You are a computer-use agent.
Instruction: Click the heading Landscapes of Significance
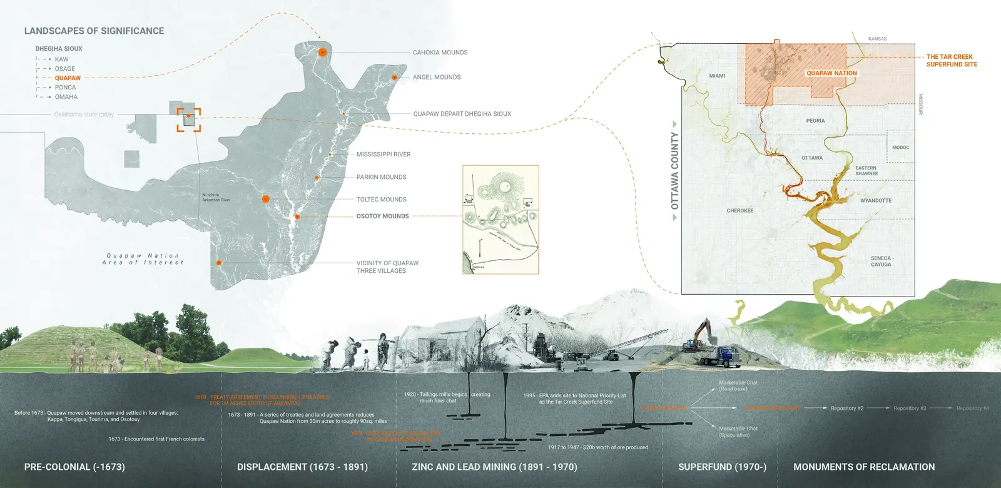point(94,31)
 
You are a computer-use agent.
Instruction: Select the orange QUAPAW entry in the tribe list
point(68,78)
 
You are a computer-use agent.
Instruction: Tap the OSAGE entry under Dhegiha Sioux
point(64,69)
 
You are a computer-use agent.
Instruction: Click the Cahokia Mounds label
point(440,53)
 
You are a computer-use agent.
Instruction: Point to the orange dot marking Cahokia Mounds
point(322,53)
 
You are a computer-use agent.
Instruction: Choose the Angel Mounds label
point(436,77)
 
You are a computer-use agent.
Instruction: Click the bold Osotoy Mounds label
point(382,216)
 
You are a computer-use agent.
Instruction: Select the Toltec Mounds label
point(381,200)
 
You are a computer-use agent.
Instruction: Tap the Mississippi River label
point(384,154)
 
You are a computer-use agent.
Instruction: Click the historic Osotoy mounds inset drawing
point(500,219)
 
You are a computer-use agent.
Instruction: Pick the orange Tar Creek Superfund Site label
point(951,60)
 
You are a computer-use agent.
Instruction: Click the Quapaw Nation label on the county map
point(831,73)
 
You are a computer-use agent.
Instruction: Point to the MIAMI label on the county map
point(717,76)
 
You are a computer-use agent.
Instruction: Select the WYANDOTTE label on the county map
point(875,201)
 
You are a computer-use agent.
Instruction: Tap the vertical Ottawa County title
point(674,170)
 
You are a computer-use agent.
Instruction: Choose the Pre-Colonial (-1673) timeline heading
point(74,467)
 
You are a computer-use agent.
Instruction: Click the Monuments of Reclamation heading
point(863,467)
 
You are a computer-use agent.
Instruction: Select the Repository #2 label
point(846,409)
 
